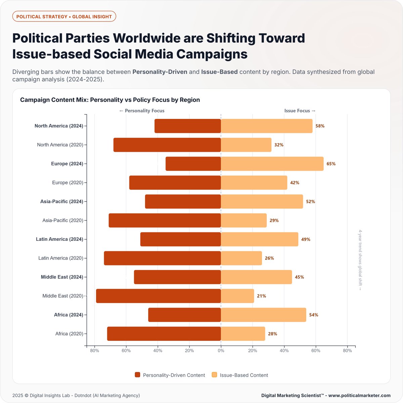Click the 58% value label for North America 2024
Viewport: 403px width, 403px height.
click(x=320, y=126)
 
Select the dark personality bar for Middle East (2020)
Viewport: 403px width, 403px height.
click(x=159, y=296)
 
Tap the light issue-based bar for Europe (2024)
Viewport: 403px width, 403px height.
click(x=272, y=164)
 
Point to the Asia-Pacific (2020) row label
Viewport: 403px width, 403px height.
click(x=62, y=220)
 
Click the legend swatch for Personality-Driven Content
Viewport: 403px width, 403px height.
click(x=137, y=375)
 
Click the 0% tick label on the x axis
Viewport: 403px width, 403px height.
click(x=221, y=351)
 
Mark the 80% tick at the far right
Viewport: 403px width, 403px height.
click(x=347, y=351)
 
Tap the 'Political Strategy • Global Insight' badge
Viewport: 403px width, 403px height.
click(x=64, y=16)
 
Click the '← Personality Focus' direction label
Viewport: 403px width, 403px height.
click(x=142, y=110)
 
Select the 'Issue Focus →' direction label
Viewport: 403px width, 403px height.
click(x=300, y=110)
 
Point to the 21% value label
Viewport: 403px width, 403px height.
click(x=261, y=296)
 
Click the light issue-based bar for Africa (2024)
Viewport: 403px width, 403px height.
click(x=263, y=315)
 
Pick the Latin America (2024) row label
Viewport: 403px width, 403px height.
click(x=59, y=239)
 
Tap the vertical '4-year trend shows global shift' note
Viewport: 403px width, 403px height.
click(x=360, y=260)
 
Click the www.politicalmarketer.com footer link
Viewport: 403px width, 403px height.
click(x=359, y=395)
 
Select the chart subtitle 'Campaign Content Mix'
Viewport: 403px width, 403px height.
click(x=110, y=100)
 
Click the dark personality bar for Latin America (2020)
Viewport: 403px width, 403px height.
click(x=163, y=258)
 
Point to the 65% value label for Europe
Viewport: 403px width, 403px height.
click(x=331, y=164)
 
